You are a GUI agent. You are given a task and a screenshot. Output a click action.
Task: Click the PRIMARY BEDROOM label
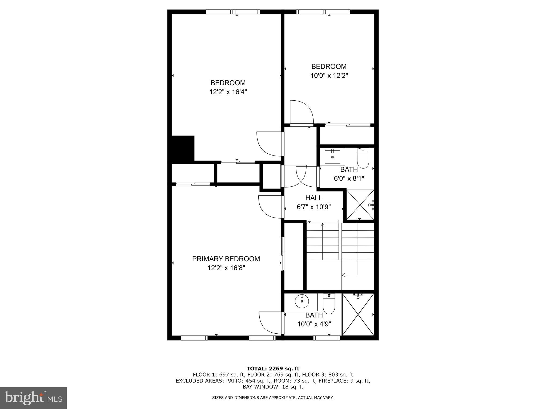(226, 259)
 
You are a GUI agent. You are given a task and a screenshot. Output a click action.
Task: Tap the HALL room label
(314, 198)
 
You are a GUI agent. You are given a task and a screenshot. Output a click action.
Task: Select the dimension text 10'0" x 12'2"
(329, 76)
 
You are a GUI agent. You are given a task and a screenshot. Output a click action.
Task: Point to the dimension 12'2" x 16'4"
(228, 92)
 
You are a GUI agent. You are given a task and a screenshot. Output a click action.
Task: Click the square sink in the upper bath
(332, 157)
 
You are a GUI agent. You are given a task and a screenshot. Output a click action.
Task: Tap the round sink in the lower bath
(302, 301)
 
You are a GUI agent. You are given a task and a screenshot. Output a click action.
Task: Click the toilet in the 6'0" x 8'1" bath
(363, 159)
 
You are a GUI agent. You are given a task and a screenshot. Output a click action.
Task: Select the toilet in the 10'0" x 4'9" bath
(329, 305)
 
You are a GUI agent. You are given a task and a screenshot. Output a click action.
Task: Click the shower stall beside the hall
(360, 204)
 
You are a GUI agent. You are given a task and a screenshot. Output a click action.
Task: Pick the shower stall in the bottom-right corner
(358, 314)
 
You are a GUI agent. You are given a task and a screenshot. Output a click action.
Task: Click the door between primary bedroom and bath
(270, 322)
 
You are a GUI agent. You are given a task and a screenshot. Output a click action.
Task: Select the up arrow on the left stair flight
(323, 225)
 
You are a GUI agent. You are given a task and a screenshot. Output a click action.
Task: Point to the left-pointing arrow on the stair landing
(344, 275)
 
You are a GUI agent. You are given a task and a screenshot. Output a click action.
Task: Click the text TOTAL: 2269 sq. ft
(273, 369)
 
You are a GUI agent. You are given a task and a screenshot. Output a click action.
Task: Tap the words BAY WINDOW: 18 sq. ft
(273, 387)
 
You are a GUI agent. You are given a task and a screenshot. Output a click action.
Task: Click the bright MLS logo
(33, 398)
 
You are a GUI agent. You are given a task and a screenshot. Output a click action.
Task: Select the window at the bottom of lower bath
(327, 338)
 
